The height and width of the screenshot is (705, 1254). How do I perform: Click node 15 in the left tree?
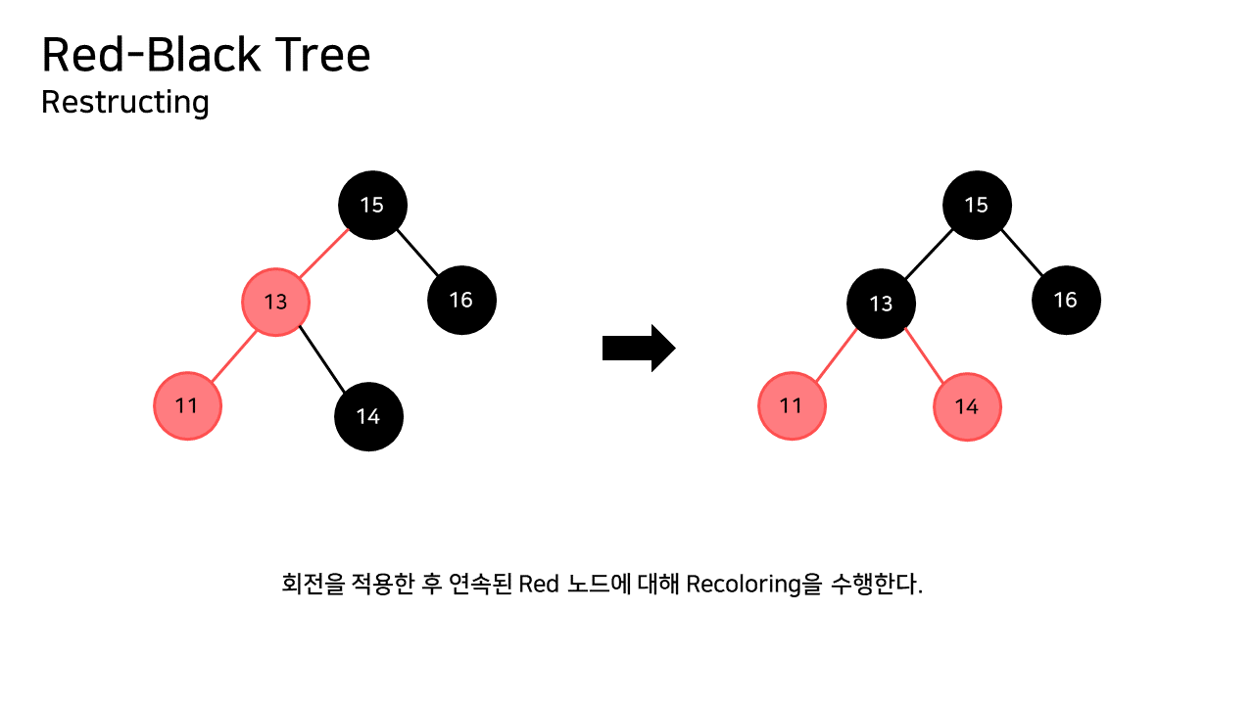[x=372, y=205]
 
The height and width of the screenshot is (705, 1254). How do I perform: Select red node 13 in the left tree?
[x=276, y=301]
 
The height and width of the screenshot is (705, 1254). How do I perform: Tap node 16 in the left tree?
[x=461, y=300]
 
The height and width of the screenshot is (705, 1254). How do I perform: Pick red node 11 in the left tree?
[x=187, y=405]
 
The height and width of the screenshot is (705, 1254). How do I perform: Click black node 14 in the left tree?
[x=368, y=416]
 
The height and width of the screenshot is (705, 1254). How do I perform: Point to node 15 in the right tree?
[x=977, y=205]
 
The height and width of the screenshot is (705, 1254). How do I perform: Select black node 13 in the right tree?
[x=882, y=304]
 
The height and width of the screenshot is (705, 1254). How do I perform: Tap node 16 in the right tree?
[x=1066, y=300]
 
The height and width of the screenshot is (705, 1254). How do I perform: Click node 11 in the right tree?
[x=792, y=405]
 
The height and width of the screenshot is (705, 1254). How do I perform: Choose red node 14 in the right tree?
[x=967, y=406]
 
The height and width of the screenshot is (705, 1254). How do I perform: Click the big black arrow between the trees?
[x=638, y=348]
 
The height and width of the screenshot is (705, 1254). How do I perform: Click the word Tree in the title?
[x=322, y=56]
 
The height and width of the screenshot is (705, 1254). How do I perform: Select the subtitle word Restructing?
[x=125, y=102]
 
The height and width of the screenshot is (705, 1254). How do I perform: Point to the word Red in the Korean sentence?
[x=539, y=585]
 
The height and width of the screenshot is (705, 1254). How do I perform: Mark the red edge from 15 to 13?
[x=324, y=253]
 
